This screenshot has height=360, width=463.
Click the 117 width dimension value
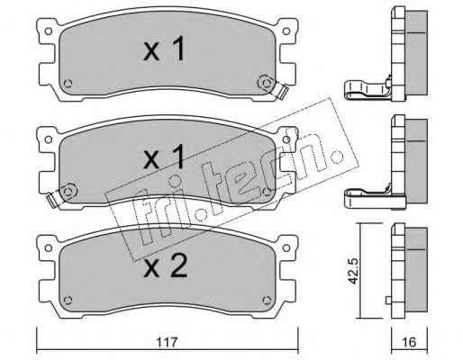(168, 342)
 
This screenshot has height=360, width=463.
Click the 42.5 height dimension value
(354, 270)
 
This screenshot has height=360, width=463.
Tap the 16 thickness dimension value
(410, 342)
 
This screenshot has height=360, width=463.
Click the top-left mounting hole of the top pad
(48, 31)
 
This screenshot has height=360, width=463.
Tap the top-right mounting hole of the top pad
(286, 31)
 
